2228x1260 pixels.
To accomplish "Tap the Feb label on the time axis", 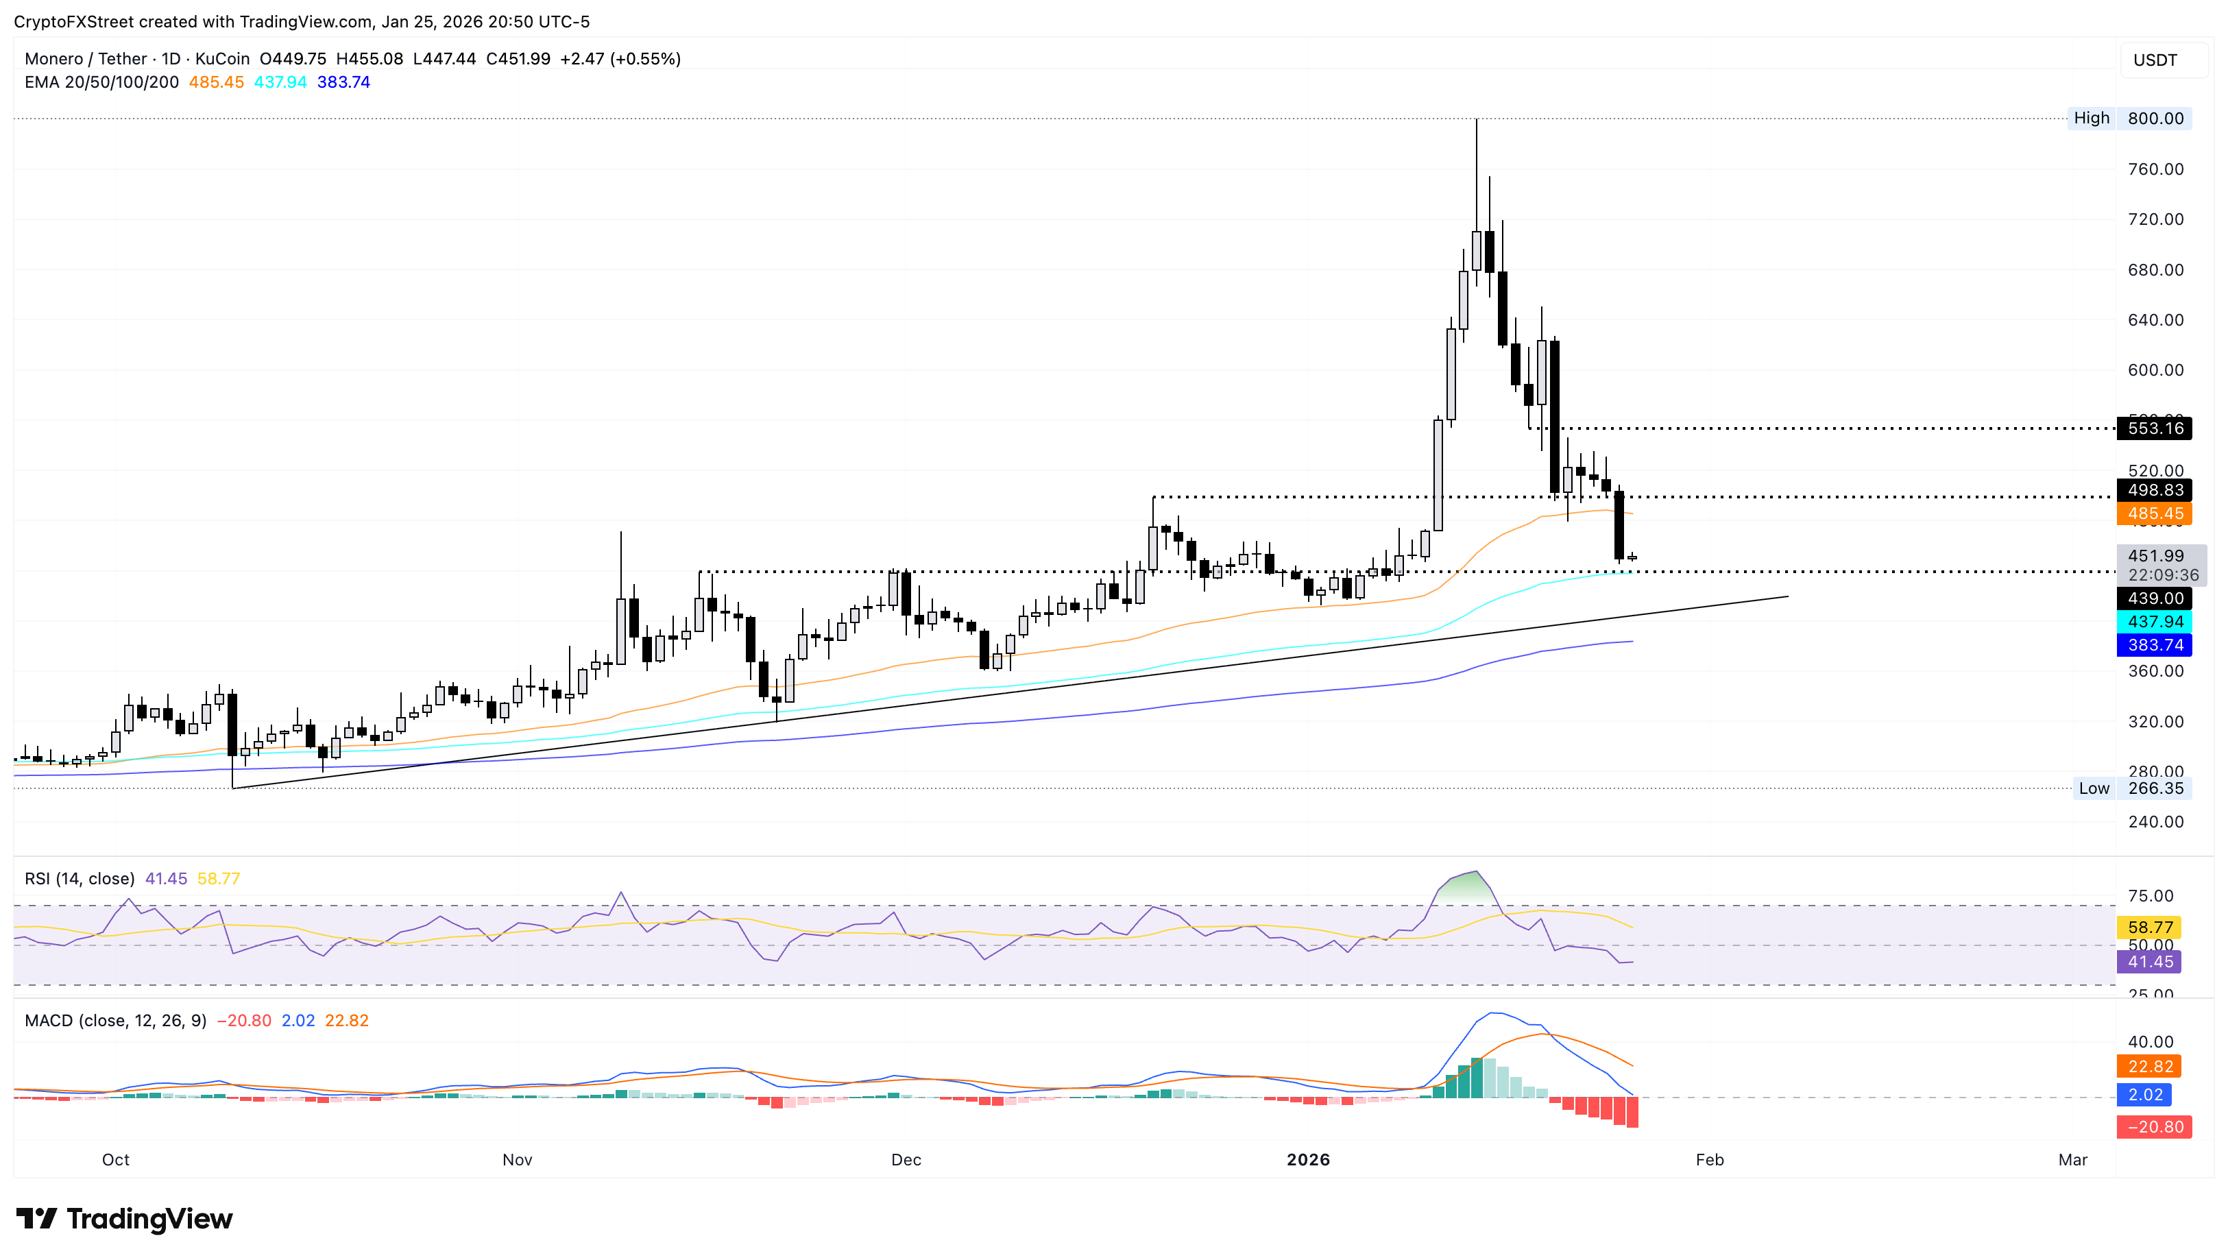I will pos(1709,1160).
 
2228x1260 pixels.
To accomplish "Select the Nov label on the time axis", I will pos(516,1160).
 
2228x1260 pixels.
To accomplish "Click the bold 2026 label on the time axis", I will pos(1307,1160).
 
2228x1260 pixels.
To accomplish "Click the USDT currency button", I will pos(2155,60).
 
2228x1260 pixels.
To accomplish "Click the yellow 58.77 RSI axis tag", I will pos(2149,928).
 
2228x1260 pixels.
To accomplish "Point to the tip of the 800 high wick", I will pos(1476,119).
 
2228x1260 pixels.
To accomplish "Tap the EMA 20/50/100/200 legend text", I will pos(101,82).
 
